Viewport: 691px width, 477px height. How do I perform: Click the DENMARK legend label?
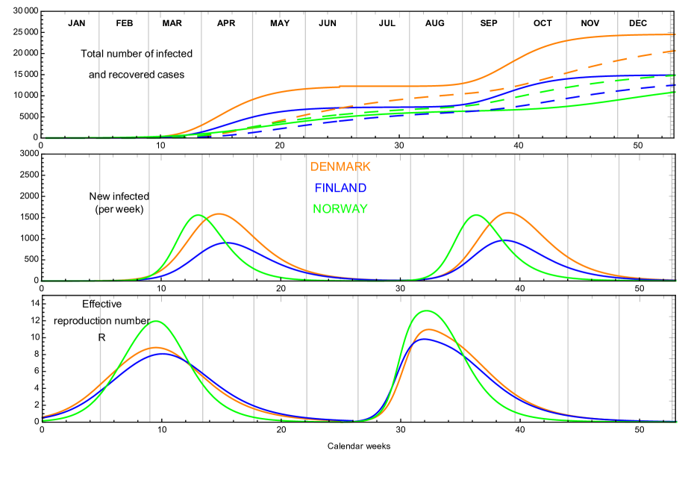point(340,166)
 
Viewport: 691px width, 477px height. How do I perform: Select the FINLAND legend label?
point(340,188)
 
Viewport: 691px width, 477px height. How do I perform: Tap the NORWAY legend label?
point(340,209)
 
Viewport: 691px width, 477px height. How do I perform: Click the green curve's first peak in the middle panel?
point(198,215)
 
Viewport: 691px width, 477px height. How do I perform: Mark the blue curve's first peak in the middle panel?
point(226,243)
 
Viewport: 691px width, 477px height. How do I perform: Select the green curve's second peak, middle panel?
point(476,215)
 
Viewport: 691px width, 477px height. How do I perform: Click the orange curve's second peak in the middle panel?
point(508,213)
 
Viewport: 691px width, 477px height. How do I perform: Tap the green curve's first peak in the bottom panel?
point(156,321)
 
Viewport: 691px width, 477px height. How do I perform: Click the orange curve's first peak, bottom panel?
point(156,347)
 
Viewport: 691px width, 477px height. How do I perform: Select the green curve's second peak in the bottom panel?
point(427,311)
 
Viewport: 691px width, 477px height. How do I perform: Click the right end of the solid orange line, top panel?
point(675,35)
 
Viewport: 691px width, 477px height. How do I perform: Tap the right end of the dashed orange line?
point(675,51)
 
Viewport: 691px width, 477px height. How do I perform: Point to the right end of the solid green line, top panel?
point(675,92)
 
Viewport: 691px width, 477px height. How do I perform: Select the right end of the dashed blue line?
point(675,85)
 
